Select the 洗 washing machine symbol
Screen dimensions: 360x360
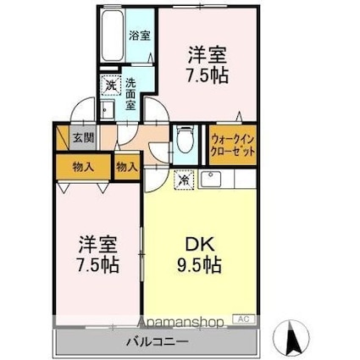(110, 85)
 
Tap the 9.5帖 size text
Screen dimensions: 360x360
(201, 265)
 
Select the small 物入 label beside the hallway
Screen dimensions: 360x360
(126, 167)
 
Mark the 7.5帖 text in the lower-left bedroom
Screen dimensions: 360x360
(96, 264)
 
